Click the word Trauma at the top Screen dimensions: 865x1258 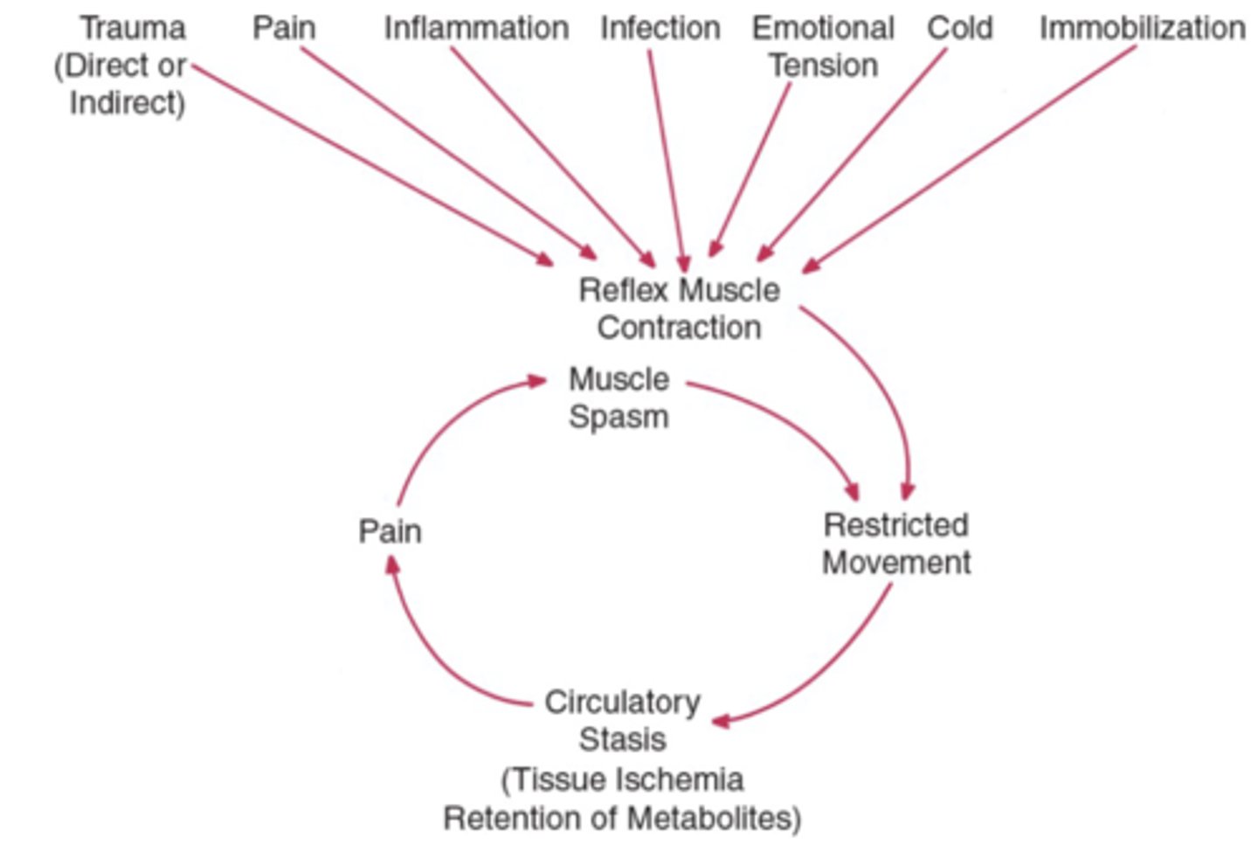(x=133, y=28)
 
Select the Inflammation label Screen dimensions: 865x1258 (x=476, y=28)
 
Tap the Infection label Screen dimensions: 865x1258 (x=660, y=28)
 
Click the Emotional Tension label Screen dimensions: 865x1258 (x=823, y=47)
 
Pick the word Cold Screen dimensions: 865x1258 (x=959, y=28)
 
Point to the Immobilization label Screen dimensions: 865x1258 (x=1142, y=28)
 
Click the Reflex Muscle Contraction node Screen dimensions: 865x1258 (x=679, y=308)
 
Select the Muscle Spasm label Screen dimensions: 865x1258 (x=619, y=398)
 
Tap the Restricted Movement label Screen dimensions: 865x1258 (x=896, y=543)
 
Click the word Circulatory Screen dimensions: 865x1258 (x=622, y=702)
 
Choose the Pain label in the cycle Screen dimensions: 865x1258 (x=390, y=531)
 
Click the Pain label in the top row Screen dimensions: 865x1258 (x=284, y=28)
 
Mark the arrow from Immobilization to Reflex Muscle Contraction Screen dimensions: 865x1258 (x=970, y=157)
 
